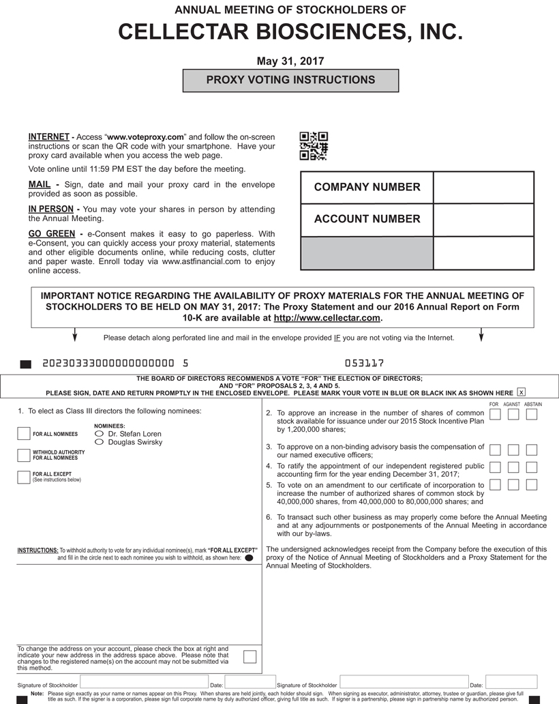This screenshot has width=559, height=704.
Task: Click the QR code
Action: coord(314,146)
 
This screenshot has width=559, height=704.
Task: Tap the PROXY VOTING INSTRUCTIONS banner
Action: coord(290,80)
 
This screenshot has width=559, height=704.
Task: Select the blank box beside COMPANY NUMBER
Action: coord(483,188)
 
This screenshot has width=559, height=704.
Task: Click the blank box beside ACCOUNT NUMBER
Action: coord(483,220)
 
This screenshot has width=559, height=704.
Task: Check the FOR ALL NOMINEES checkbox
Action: coord(24,434)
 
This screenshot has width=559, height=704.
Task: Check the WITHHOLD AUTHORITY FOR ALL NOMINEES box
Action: coord(24,455)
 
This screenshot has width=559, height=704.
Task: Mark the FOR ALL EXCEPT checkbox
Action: coord(24,477)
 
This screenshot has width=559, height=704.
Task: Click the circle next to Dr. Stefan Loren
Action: coord(100,434)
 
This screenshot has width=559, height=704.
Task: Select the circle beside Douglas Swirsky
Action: coord(100,443)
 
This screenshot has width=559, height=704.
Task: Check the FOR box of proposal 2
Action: coord(496,415)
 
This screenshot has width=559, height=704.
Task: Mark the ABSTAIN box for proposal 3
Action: coord(532,450)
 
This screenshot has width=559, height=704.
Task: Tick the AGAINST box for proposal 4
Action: coord(513,467)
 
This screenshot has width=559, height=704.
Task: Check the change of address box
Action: coord(250,656)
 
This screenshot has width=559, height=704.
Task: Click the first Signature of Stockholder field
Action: coord(144,682)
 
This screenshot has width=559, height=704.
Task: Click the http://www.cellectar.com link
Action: coord(327,319)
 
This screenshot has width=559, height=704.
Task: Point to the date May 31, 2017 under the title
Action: coord(290,61)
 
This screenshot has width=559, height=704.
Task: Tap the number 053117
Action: coord(365,364)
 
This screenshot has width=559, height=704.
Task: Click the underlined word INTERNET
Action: coord(49,137)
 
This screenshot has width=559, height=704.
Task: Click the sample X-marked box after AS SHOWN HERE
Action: coord(522,392)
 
